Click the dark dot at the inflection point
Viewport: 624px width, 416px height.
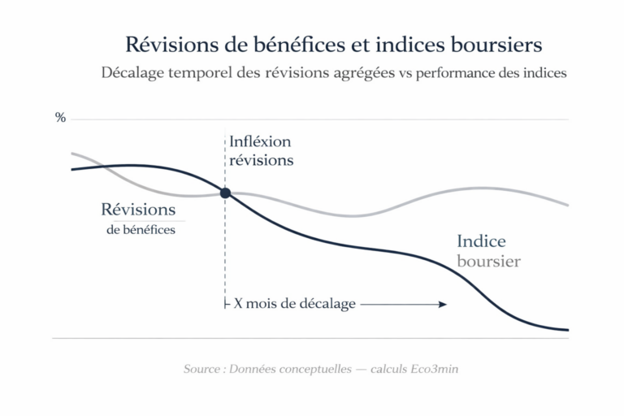click(225, 193)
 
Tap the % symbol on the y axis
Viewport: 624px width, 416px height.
click(60, 118)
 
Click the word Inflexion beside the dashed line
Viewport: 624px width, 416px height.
click(260, 141)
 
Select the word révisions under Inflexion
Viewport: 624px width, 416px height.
click(261, 160)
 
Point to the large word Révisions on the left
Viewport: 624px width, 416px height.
click(138, 209)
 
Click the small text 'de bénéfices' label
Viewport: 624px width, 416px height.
click(141, 230)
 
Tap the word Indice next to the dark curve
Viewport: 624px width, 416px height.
click(481, 241)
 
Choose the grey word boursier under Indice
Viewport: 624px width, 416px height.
click(488, 262)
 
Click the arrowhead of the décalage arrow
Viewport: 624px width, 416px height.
click(443, 304)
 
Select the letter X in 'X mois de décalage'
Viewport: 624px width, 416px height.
click(238, 304)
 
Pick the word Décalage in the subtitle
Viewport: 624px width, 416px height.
click(132, 72)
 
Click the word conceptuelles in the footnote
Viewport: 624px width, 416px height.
click(318, 369)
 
